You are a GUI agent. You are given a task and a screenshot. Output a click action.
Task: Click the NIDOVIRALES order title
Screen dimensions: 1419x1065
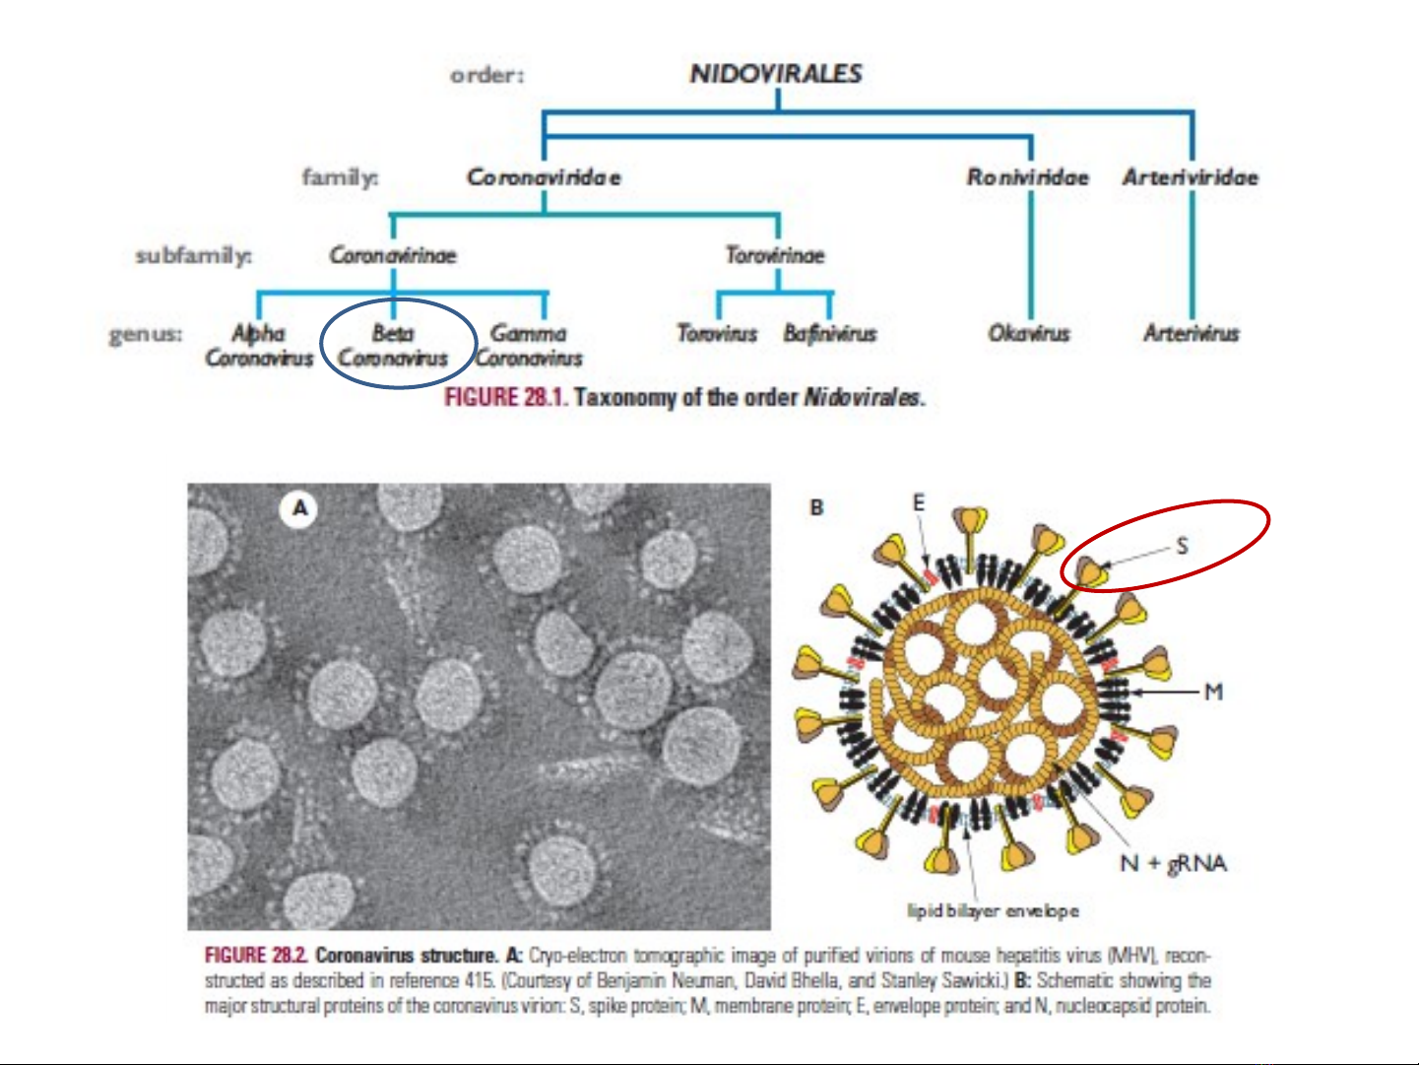coord(776,74)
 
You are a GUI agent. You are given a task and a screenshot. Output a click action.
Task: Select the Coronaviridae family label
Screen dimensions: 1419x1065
coord(544,177)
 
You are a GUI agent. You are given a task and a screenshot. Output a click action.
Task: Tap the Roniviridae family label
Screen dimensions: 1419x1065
coord(1027,177)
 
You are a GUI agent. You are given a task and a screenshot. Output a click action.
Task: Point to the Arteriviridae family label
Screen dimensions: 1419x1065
coord(1191,177)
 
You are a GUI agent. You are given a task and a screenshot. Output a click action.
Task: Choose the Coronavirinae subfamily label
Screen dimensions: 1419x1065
coord(393,255)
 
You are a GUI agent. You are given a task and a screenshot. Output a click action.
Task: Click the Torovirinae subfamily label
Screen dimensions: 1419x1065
coord(775,255)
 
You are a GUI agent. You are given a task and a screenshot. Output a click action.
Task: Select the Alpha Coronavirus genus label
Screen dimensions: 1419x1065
coord(259,345)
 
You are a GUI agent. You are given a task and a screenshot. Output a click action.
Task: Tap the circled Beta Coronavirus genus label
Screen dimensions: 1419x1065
coord(393,345)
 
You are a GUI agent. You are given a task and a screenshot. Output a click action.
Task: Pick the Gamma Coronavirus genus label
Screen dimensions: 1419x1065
coord(529,345)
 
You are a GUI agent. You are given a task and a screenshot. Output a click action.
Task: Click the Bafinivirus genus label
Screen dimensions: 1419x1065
coord(830,334)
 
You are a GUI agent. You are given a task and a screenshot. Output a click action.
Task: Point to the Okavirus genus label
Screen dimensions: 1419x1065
coord(1028,334)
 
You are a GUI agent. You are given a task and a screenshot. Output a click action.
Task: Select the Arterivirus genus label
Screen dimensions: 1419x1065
coord(1192,334)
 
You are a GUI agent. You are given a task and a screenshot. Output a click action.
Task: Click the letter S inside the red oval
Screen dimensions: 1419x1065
coord(1183,547)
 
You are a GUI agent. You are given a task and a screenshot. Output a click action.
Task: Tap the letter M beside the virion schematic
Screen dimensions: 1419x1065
coord(1213,693)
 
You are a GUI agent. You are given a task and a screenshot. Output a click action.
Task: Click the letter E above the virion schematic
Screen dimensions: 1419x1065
coord(919,503)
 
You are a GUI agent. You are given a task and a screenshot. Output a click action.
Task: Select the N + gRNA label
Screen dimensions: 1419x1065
coord(1174,863)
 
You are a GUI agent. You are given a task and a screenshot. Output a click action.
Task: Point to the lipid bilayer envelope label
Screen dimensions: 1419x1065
coord(993,911)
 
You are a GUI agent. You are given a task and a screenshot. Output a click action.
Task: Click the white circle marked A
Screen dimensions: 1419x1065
coord(298,509)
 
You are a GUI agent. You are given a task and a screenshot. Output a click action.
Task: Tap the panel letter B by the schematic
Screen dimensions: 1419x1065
coord(816,508)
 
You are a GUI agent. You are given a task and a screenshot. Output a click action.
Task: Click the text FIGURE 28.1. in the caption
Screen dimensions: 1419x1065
coord(506,397)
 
